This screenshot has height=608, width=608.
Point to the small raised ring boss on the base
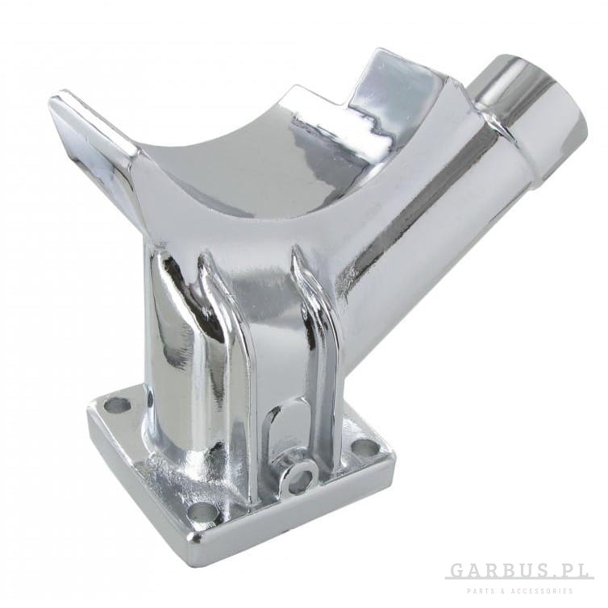[298, 477]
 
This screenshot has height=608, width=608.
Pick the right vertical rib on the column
[310, 310]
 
